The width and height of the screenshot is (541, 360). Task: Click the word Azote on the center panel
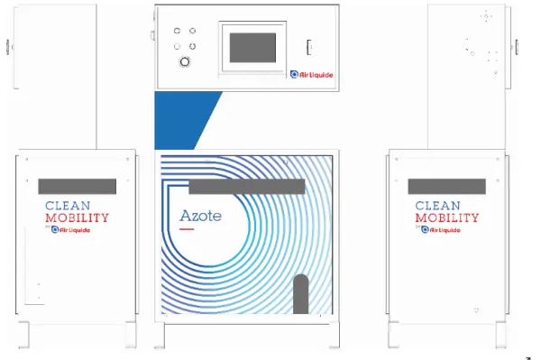tap(200, 216)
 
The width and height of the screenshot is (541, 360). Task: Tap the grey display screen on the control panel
tap(252, 48)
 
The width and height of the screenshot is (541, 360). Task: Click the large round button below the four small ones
tap(185, 61)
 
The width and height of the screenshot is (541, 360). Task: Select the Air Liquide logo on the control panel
tap(312, 75)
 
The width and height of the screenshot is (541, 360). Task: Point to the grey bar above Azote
tap(247, 187)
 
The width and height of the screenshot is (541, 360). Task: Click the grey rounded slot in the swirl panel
tap(300, 294)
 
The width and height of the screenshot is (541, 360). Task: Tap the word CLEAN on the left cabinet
tap(68, 206)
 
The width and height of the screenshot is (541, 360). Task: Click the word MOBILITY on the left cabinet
tap(77, 218)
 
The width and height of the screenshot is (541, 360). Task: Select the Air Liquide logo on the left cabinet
tap(70, 230)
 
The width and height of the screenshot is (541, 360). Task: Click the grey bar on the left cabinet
tap(78, 187)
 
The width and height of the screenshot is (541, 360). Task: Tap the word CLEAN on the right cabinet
tap(438, 206)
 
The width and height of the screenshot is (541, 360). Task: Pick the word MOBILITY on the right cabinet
tap(447, 218)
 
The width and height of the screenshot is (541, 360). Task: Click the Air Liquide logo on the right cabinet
tap(441, 230)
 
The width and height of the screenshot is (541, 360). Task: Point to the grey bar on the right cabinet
tap(447, 187)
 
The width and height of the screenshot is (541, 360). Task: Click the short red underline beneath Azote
tap(187, 229)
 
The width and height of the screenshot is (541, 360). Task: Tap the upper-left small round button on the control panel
tap(177, 31)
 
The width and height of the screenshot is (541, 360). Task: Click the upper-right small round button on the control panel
tap(193, 31)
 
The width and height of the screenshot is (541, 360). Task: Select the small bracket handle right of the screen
tap(309, 47)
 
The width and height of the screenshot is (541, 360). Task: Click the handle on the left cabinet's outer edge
tap(7, 47)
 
